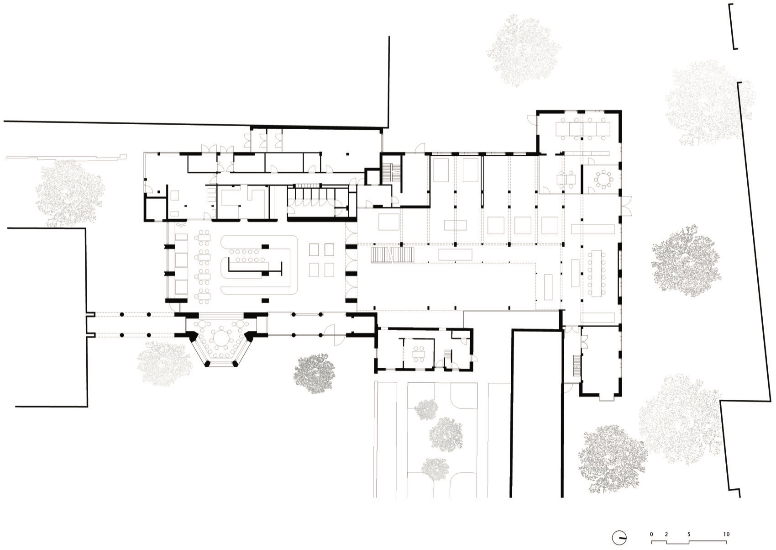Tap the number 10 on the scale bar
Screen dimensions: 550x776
726,534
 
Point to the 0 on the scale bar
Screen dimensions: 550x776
652,534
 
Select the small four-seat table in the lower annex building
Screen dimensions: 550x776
419,352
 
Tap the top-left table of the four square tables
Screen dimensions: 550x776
314,250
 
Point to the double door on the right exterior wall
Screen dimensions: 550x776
626,206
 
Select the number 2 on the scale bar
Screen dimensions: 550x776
666,534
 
